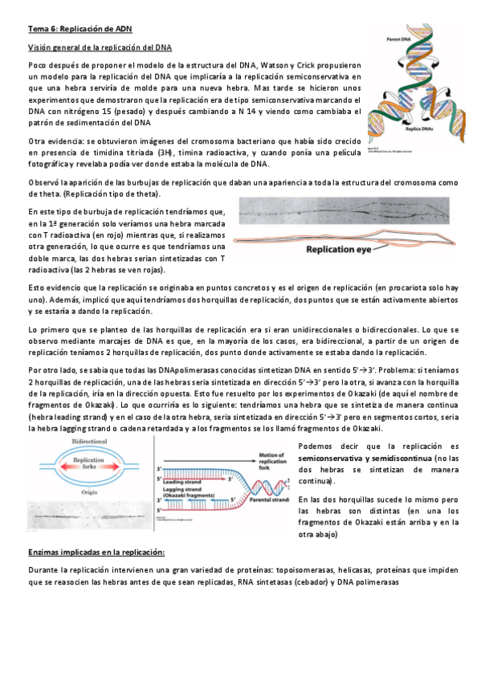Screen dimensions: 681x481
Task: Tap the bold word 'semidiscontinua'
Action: click(410, 458)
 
